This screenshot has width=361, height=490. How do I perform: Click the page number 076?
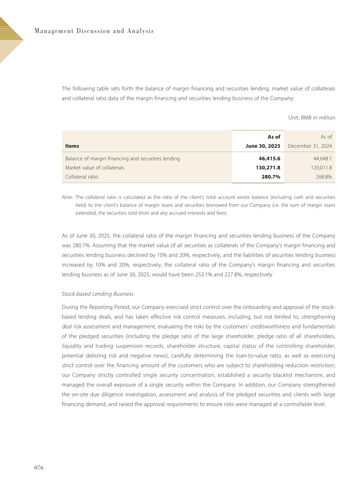(x=39, y=468)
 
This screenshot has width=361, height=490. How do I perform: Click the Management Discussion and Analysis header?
(x=94, y=31)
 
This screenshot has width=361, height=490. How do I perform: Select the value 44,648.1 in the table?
(x=322, y=158)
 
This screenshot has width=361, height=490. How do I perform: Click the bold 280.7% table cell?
(x=271, y=177)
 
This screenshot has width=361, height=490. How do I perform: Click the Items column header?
(x=72, y=146)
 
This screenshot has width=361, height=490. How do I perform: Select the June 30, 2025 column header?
(x=263, y=146)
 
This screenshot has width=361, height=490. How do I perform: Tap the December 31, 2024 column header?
(x=310, y=146)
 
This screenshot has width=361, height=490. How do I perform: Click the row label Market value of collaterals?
(x=95, y=167)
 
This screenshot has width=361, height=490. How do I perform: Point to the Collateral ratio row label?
(x=82, y=177)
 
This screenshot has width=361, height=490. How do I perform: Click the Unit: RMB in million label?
(x=312, y=118)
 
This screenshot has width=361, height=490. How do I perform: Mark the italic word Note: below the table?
(x=67, y=197)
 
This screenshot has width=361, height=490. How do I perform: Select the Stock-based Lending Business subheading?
(x=97, y=294)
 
